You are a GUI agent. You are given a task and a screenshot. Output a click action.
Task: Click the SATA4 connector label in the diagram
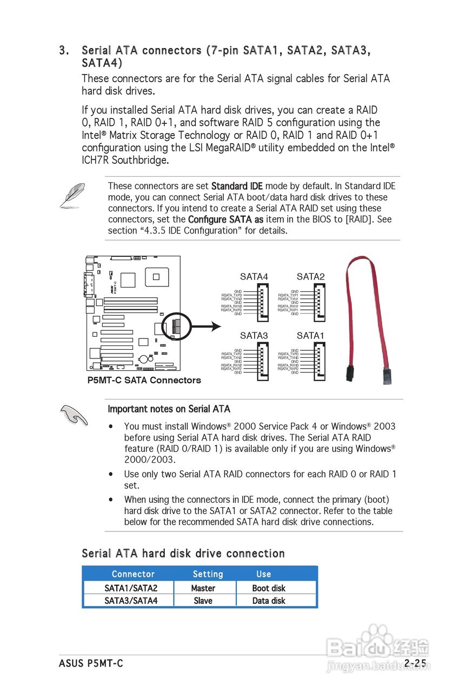(254, 277)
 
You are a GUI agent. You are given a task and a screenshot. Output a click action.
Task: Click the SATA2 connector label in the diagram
(310, 277)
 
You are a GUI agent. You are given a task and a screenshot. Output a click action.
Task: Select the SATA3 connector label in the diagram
(254, 336)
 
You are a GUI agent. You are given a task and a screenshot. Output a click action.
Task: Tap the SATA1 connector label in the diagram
(310, 336)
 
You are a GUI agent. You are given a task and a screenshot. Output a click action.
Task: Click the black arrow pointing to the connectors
(205, 326)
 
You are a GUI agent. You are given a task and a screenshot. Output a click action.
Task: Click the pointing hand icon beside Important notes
(74, 416)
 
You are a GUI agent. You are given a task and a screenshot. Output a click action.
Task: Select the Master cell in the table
(203, 588)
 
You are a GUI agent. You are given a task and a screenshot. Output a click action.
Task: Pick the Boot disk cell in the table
(269, 588)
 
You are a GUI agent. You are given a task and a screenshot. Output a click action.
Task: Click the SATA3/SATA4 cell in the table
(131, 601)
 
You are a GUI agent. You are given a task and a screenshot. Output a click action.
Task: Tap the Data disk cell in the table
(269, 601)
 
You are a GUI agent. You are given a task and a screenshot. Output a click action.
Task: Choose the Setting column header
(208, 574)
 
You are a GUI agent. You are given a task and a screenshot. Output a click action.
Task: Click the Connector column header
(133, 574)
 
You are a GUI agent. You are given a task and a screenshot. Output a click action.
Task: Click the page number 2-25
(415, 663)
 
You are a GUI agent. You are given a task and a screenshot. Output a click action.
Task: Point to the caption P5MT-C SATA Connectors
(144, 380)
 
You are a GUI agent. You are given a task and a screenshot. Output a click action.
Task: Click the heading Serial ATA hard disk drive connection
(183, 554)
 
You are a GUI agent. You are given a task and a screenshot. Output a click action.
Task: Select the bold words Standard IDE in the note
(237, 187)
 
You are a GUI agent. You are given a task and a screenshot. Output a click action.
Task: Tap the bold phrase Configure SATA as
(225, 219)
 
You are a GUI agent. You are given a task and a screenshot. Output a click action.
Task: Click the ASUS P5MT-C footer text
(91, 663)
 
